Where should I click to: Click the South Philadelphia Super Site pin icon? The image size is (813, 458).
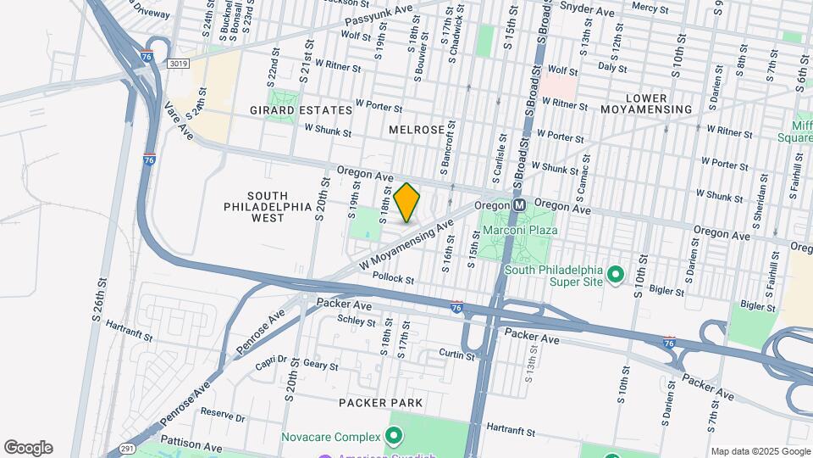(617, 275)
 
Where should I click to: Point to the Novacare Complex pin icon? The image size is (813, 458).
(394, 438)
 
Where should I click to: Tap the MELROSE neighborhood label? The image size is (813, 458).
(417, 129)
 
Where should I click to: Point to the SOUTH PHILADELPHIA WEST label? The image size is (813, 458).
(255, 206)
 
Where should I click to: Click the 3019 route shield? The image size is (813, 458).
(178, 64)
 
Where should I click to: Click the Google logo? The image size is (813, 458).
(28, 448)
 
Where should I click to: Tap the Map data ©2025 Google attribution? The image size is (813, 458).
(759, 451)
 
